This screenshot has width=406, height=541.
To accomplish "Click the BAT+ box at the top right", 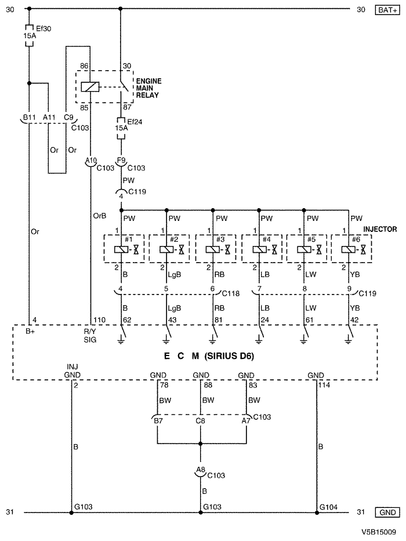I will [385, 9].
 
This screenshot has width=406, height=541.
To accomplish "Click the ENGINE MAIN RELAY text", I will [148, 86].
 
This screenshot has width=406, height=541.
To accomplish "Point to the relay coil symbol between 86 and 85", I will [90, 87].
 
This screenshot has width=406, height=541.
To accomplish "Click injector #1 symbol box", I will [122, 249].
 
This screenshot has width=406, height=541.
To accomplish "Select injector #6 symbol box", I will [351, 249].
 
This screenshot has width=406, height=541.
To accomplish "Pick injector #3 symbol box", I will [214, 249].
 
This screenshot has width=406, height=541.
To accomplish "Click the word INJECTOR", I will [380, 230].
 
